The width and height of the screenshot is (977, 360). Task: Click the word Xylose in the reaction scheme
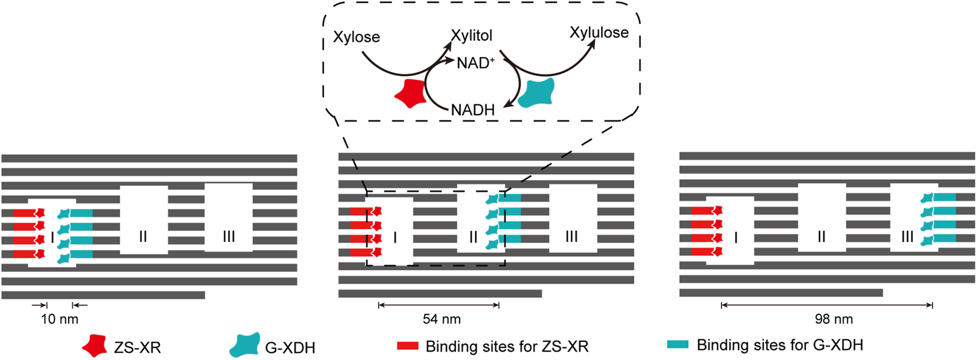click(357, 37)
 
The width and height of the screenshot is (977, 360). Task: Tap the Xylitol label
click(472, 36)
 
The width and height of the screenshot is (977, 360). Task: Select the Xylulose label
click(599, 33)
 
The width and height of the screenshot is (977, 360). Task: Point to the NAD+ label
click(475, 63)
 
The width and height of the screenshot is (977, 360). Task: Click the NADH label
click(472, 110)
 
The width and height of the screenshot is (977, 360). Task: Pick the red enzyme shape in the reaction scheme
click(411, 93)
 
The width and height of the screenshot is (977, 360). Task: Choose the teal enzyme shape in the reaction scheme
click(537, 92)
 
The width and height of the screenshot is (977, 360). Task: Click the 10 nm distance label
click(60, 319)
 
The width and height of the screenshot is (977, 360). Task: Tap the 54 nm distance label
click(442, 319)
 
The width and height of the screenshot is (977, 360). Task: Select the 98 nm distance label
click(833, 319)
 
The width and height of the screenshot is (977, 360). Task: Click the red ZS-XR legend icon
click(95, 346)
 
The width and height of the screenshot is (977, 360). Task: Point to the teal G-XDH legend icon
click(245, 346)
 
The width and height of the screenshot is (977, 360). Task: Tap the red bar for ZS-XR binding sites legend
click(407, 346)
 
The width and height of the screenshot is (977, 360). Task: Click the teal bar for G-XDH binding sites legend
click(678, 344)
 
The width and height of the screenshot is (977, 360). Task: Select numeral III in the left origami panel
click(229, 236)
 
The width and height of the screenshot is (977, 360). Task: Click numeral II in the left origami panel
click(143, 236)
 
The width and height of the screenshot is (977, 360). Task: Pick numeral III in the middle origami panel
click(571, 236)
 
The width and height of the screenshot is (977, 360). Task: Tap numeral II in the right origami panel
click(821, 236)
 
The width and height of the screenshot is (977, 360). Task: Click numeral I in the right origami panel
click(736, 238)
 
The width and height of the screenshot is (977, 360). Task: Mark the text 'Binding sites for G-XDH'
click(780, 345)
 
